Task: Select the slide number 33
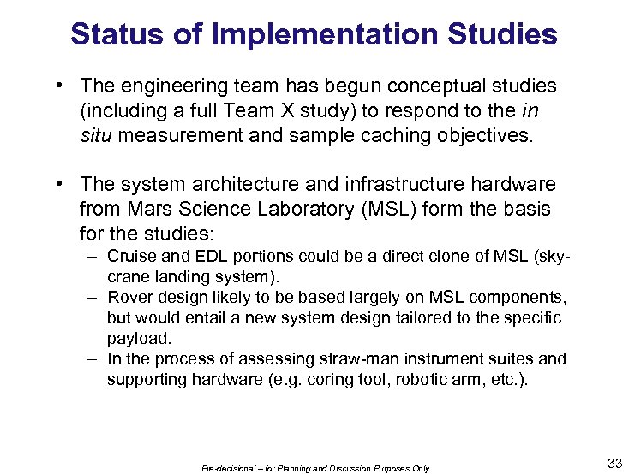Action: click(614, 464)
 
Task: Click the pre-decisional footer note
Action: click(315, 468)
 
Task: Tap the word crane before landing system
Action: click(128, 276)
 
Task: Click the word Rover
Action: click(129, 297)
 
